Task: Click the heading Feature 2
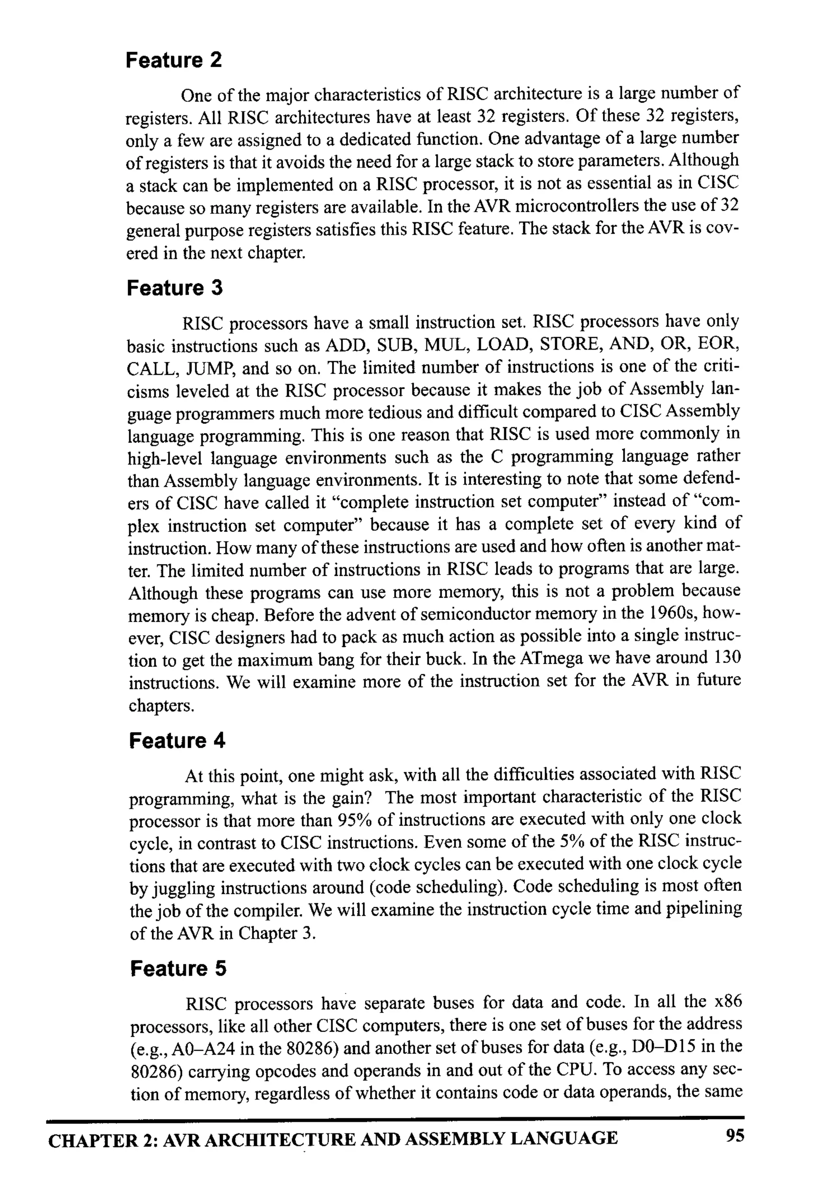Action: pyautogui.click(x=174, y=60)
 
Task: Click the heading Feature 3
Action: pyautogui.click(x=174, y=288)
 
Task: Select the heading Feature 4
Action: pyautogui.click(x=177, y=740)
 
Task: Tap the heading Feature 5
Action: pyautogui.click(x=178, y=969)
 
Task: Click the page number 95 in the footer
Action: pyautogui.click(x=735, y=1135)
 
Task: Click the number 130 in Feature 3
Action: pyautogui.click(x=727, y=657)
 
